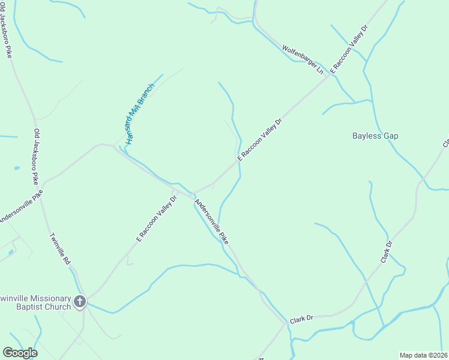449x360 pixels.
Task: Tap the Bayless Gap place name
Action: tap(375, 136)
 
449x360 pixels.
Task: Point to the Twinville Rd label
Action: tap(61, 249)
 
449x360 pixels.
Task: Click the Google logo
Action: tap(20, 353)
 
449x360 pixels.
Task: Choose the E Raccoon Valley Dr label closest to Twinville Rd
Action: tap(157, 217)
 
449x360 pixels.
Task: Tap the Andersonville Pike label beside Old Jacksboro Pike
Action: tap(21, 207)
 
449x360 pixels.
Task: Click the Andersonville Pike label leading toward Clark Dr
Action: tap(211, 221)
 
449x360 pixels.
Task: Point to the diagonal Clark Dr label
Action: tap(386, 251)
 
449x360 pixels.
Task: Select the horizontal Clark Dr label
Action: tap(302, 319)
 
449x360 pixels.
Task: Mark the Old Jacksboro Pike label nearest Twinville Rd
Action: tap(37, 157)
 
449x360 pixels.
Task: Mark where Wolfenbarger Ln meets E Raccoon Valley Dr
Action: tap(329, 77)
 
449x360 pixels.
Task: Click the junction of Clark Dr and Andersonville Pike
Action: tap(285, 323)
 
